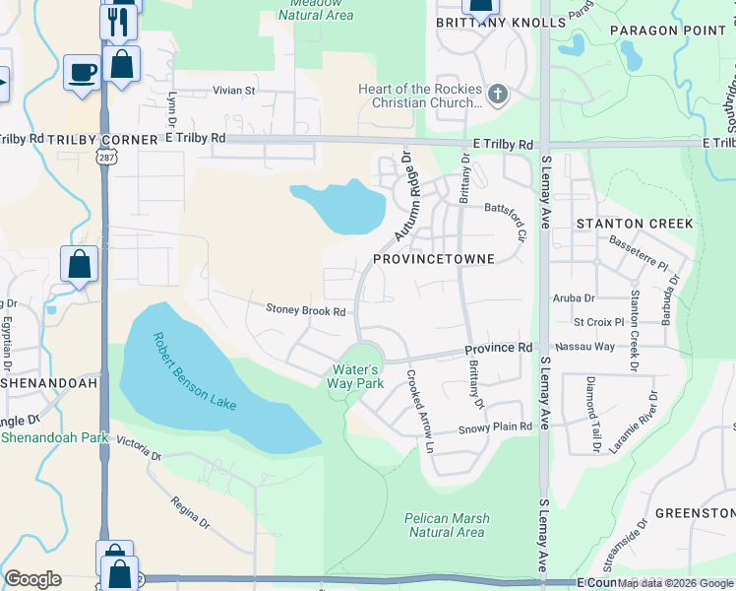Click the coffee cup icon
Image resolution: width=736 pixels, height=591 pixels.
tap(82, 72)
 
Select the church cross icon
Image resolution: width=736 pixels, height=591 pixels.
tap(498, 96)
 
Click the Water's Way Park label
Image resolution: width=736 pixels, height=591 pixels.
tap(355, 376)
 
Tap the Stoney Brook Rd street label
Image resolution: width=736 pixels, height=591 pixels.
tap(306, 310)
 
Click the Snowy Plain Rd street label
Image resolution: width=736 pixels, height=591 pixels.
tap(496, 427)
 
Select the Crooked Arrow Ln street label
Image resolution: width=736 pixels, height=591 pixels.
tap(416, 411)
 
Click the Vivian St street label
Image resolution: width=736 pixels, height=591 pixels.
tap(234, 91)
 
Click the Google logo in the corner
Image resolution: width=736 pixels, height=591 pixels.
tap(32, 579)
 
